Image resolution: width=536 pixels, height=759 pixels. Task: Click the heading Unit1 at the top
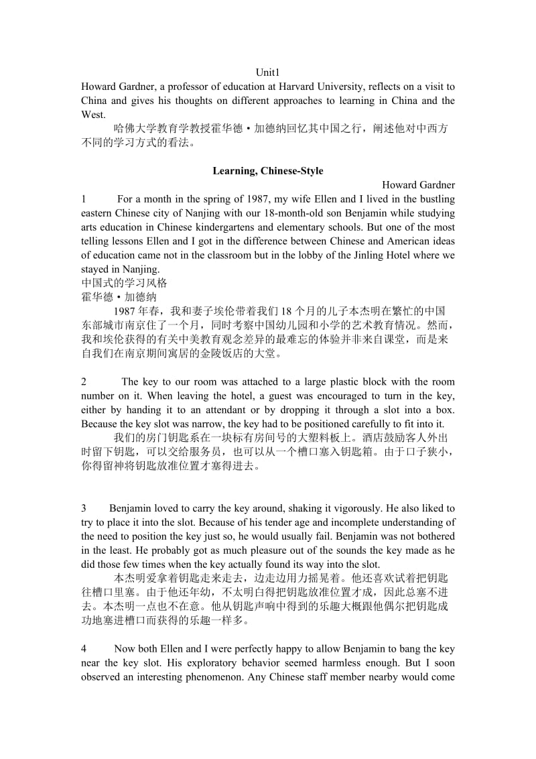267,72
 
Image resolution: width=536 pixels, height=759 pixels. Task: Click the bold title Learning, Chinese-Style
267,171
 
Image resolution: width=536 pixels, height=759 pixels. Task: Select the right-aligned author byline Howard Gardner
418,185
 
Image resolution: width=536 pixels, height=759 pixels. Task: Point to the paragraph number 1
84,199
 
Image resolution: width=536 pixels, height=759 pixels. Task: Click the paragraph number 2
84,382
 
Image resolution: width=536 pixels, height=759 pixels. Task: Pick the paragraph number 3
84,508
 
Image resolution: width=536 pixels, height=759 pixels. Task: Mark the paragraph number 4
84,648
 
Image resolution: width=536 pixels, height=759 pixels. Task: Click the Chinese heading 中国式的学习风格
124,283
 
